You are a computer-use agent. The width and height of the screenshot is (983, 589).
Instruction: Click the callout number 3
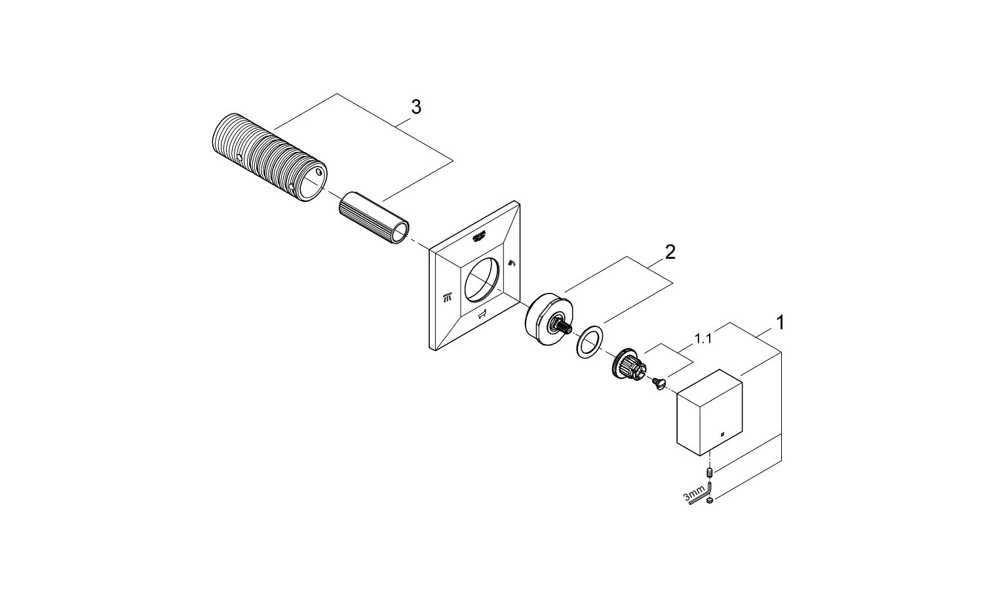pos(415,107)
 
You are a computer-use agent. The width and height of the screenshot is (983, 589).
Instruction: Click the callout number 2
pos(669,252)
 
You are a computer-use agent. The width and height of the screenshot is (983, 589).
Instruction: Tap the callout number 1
pos(780,322)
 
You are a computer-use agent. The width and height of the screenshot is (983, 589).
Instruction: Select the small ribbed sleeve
pos(373,217)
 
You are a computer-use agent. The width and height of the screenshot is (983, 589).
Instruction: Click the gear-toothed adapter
pos(626,365)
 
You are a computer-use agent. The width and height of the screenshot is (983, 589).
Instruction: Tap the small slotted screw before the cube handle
pos(657,383)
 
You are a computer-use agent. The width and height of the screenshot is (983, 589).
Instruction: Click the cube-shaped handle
pos(710,411)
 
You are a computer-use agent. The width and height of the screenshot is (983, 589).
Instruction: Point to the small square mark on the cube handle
pos(722,433)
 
